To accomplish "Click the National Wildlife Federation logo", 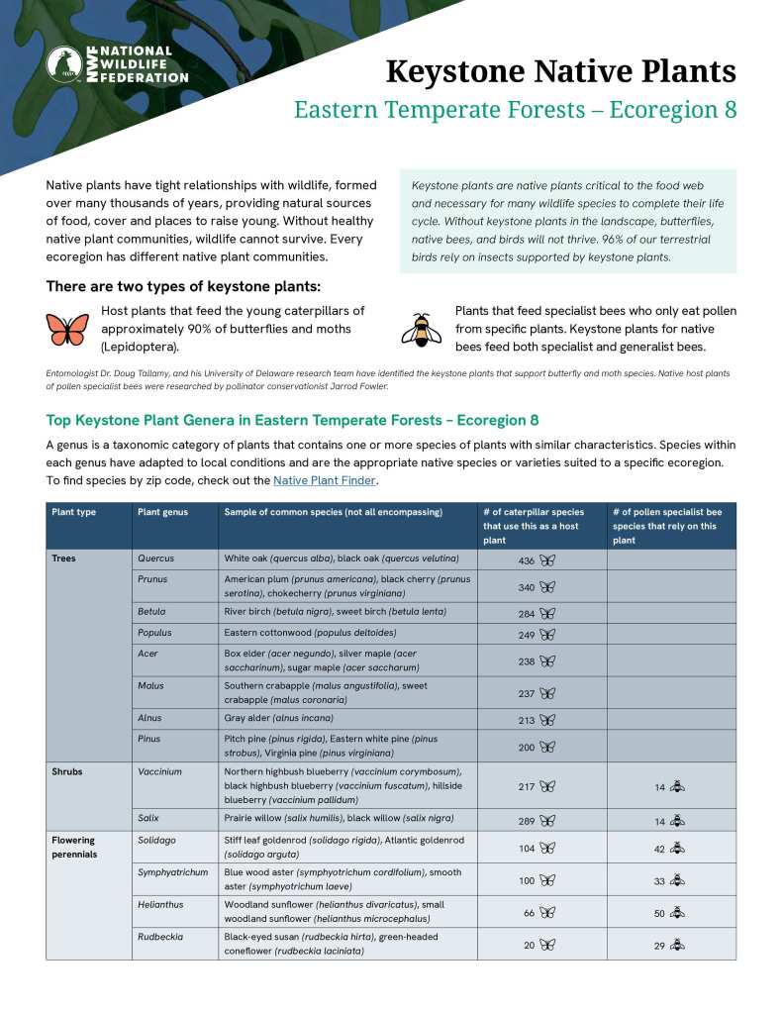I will (x=117, y=63).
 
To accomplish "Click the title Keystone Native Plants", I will (x=560, y=72).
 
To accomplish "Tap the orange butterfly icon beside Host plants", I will (x=66, y=328).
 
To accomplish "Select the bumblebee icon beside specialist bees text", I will (x=422, y=328).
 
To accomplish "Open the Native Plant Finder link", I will (x=324, y=480).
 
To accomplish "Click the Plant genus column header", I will (x=162, y=512).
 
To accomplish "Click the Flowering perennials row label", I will (x=74, y=847).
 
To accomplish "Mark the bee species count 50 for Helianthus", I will (x=659, y=914).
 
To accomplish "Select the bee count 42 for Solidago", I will (x=659, y=849).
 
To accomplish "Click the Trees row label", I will (x=63, y=558).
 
